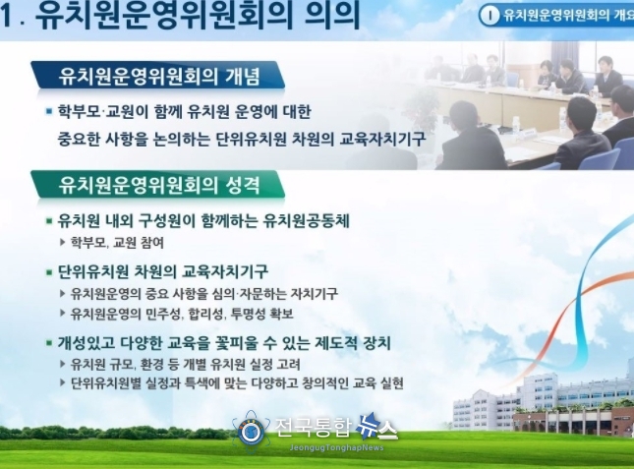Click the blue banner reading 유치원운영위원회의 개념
tap(157, 76)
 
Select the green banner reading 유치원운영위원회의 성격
tap(157, 185)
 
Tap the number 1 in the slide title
tap(5, 16)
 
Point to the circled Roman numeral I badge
tap(490, 16)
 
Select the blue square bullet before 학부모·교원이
tap(49, 111)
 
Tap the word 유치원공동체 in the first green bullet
tap(306, 221)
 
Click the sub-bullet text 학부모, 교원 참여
tap(117, 242)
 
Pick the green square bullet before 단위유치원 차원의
tap(49, 272)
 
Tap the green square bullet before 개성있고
tap(49, 343)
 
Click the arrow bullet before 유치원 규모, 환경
tap(63, 364)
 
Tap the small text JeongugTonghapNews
tap(336, 447)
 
